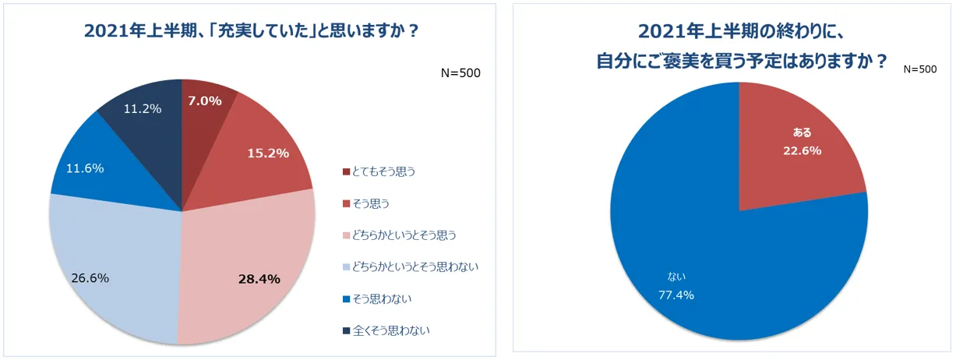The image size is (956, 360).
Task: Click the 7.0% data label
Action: (205, 101)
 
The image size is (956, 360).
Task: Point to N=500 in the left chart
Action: (460, 73)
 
